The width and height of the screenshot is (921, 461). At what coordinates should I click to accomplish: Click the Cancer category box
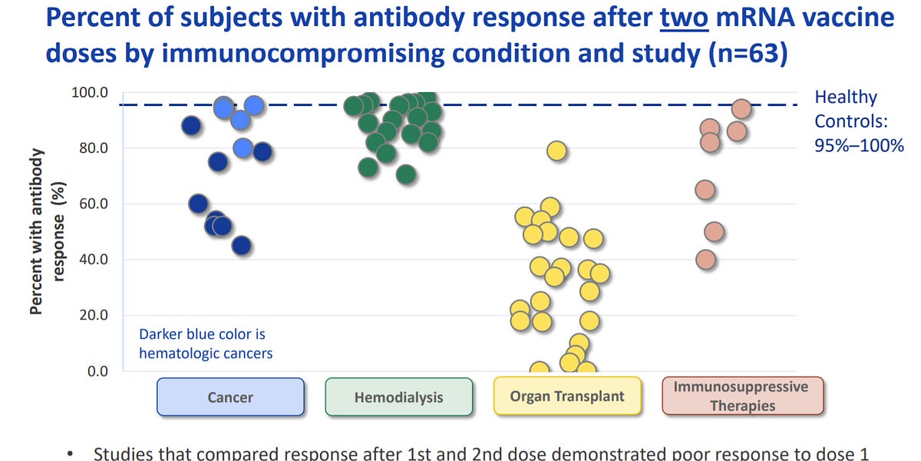click(230, 397)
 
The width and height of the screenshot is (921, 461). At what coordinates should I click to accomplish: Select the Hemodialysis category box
click(398, 397)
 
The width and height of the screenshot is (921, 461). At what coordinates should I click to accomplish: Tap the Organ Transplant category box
click(567, 396)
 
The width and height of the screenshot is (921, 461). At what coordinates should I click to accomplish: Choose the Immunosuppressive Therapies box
click(741, 396)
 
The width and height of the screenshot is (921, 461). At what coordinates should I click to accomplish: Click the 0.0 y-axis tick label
click(98, 371)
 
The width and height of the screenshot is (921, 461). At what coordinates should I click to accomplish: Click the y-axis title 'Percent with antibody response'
click(48, 230)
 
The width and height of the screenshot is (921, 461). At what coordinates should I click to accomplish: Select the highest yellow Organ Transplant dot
click(556, 151)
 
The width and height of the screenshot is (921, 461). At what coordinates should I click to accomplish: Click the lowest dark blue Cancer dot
click(241, 245)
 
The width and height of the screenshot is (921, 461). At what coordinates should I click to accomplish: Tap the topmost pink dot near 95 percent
click(741, 109)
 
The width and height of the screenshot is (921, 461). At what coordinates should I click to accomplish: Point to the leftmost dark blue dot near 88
click(192, 126)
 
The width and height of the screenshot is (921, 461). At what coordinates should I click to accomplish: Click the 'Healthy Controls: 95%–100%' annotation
click(858, 121)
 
